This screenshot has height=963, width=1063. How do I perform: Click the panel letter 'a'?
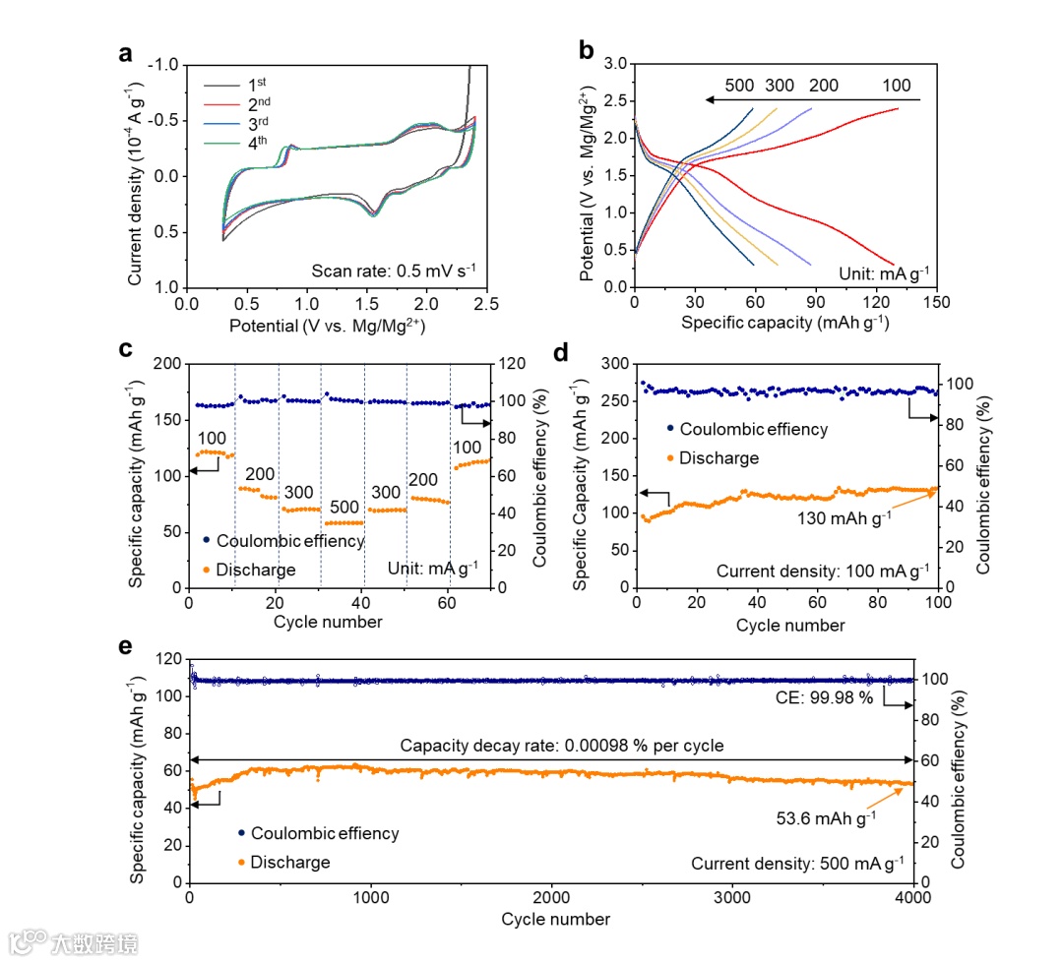point(125,54)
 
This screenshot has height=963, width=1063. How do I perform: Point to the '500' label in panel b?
point(739,86)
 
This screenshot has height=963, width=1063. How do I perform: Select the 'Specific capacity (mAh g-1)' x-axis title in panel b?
point(783,322)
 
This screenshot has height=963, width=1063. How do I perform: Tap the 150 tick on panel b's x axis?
point(935,302)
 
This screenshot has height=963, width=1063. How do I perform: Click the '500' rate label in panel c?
point(344,507)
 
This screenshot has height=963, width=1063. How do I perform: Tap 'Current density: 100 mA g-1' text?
point(823,571)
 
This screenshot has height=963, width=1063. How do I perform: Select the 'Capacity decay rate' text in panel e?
point(561,746)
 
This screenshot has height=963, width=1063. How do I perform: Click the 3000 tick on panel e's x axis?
point(733,899)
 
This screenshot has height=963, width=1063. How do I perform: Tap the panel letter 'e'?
point(124,647)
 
